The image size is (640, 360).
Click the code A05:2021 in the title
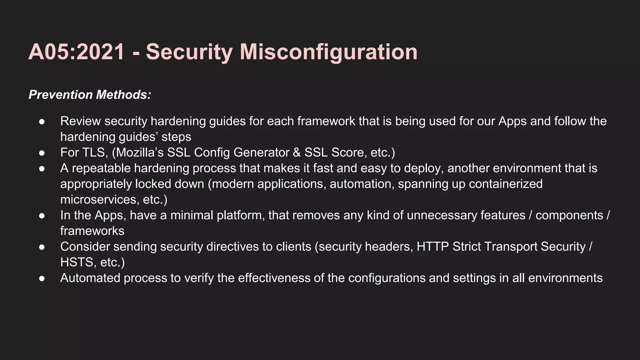click(x=77, y=52)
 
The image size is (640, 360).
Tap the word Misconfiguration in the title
click(x=328, y=52)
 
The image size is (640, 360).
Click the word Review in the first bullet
click(x=80, y=121)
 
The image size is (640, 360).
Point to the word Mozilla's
click(x=140, y=152)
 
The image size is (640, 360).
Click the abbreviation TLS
click(x=95, y=152)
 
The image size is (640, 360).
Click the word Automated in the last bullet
click(x=90, y=278)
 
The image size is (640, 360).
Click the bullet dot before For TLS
click(x=42, y=153)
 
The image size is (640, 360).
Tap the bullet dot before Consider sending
click(x=42, y=247)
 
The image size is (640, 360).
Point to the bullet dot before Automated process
click(x=42, y=278)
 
